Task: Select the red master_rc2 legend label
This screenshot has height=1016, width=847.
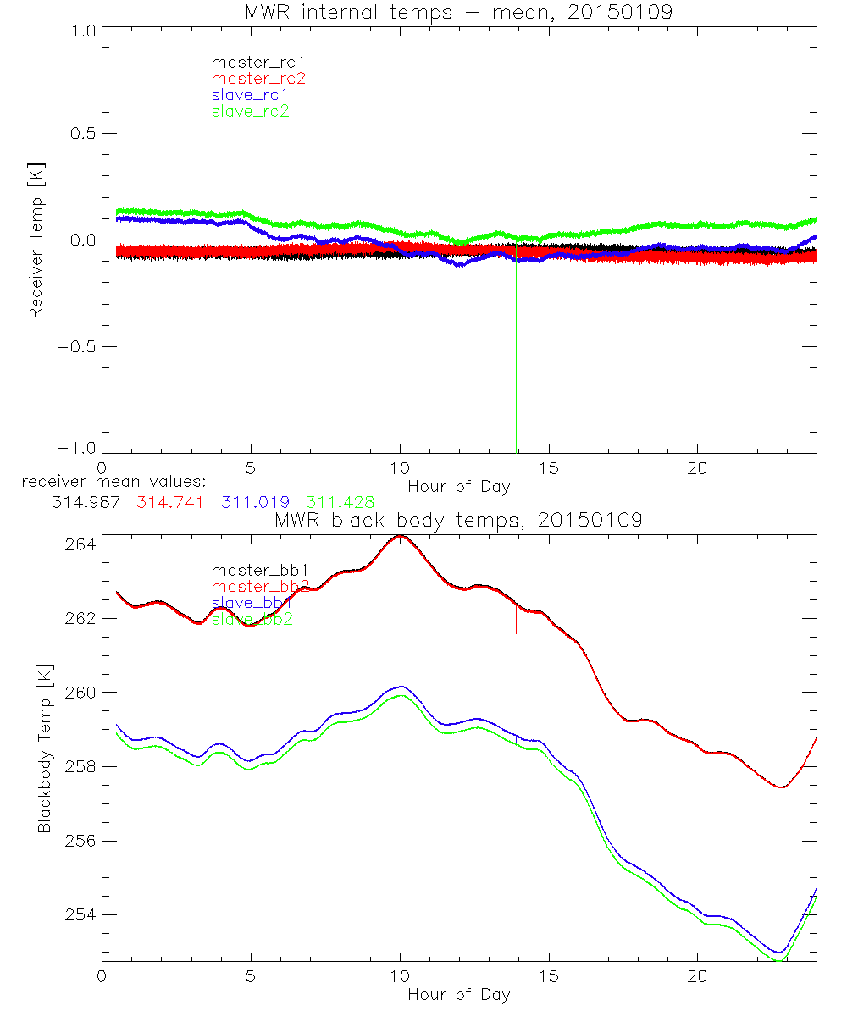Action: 258,79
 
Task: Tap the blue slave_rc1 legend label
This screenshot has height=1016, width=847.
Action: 250,95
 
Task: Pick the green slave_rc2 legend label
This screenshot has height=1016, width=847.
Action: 250,111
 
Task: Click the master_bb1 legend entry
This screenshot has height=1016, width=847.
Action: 250,571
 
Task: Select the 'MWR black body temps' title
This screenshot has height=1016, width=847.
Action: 458,520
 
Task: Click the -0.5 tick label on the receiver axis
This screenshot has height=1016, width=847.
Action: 78,346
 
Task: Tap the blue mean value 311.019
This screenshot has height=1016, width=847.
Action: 252,502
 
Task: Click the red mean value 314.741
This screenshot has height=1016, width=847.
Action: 169,502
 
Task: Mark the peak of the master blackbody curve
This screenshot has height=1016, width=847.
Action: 400,536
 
